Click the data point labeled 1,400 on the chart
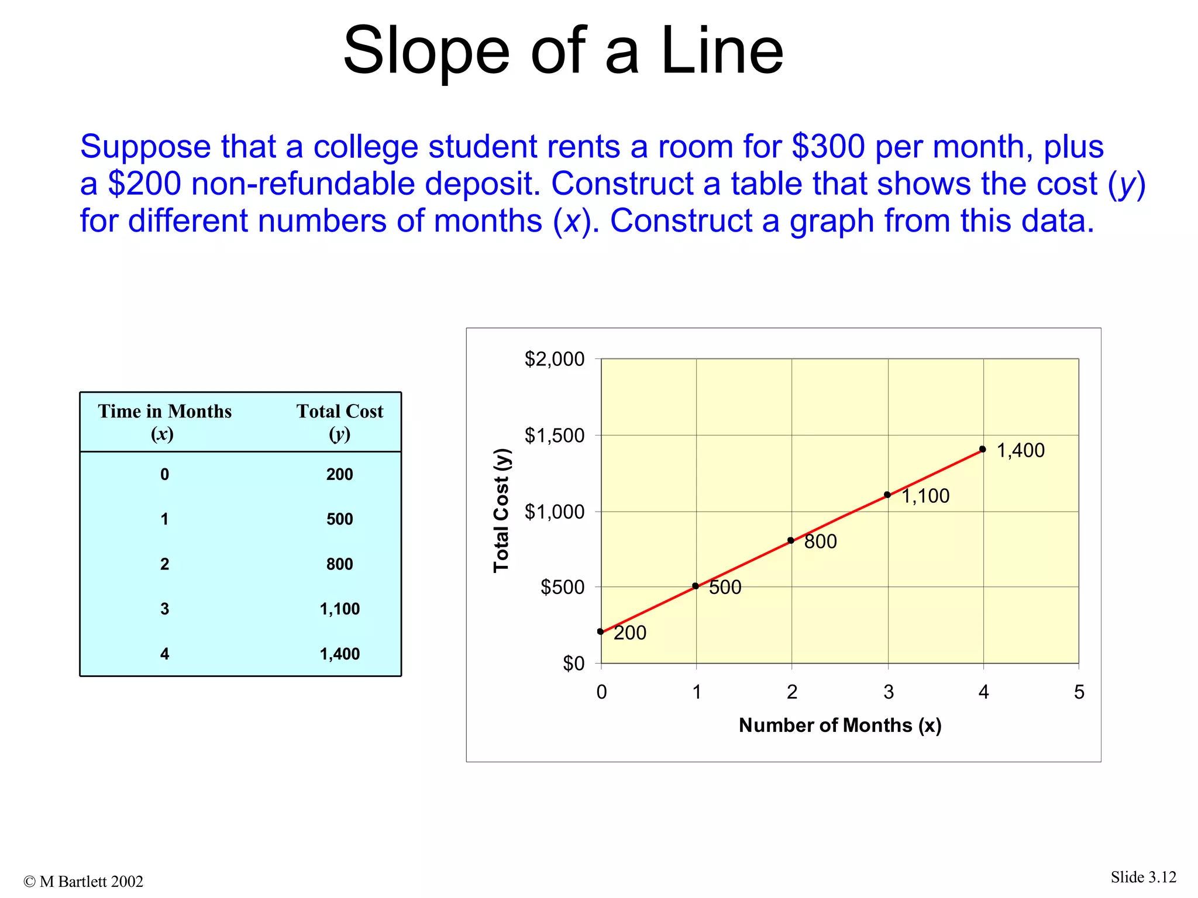pyautogui.click(x=982, y=450)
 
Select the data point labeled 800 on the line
pyautogui.click(x=791, y=541)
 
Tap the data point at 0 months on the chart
pyautogui.click(x=601, y=631)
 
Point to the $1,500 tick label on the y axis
pyautogui.click(x=554, y=436)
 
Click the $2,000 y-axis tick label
pyautogui.click(x=554, y=359)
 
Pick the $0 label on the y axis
pyautogui.click(x=573, y=664)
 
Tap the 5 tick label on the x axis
pyautogui.click(x=1079, y=692)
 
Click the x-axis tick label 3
pyautogui.click(x=889, y=692)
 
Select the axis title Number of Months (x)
pyautogui.click(x=840, y=726)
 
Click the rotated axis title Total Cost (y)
pyautogui.click(x=501, y=510)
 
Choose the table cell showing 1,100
pyautogui.click(x=339, y=609)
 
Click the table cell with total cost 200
pyautogui.click(x=339, y=474)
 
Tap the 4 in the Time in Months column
pyautogui.click(x=164, y=654)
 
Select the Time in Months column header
pyautogui.click(x=164, y=422)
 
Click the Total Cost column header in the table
pyautogui.click(x=339, y=422)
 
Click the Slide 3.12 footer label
pyautogui.click(x=1143, y=877)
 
